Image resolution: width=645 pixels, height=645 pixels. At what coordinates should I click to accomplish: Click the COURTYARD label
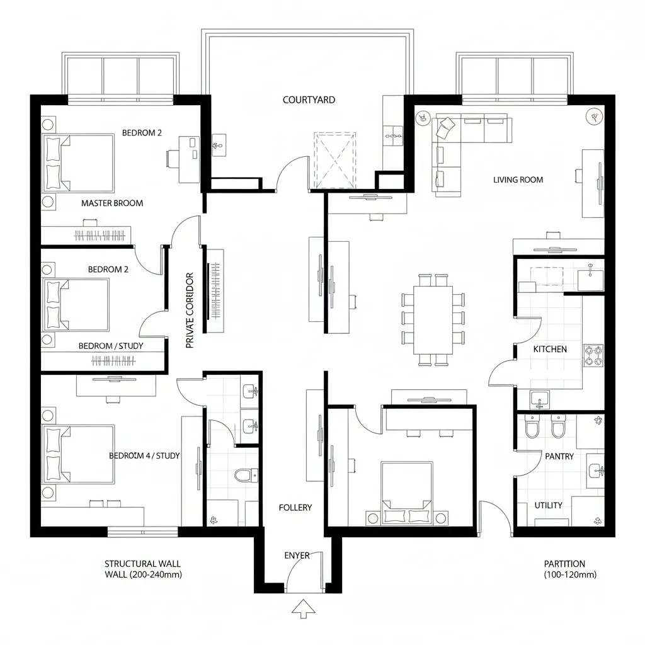(309, 100)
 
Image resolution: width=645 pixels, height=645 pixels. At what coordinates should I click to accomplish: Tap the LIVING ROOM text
(518, 180)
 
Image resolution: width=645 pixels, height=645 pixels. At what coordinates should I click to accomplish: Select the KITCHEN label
(550, 349)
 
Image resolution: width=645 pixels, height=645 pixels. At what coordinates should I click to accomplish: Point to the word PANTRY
(559, 456)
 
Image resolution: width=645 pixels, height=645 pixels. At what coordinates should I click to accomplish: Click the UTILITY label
(548, 505)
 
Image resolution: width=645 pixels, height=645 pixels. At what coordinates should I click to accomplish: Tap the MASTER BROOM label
(112, 203)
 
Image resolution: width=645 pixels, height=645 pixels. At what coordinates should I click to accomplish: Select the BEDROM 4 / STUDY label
(144, 455)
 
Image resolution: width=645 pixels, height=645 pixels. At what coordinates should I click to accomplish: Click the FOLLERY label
(295, 508)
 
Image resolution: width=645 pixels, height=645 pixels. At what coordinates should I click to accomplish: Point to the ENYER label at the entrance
(297, 556)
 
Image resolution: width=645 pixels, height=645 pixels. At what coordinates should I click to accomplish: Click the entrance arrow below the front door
(304, 608)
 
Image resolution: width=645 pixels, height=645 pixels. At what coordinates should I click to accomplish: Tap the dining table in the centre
(433, 319)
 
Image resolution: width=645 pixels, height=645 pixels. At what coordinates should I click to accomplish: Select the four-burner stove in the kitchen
(593, 355)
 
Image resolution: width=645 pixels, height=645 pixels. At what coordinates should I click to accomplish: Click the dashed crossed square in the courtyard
(334, 160)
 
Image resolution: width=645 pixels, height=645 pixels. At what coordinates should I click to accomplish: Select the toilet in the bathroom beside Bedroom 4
(246, 475)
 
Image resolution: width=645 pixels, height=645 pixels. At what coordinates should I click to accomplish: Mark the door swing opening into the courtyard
(291, 173)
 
